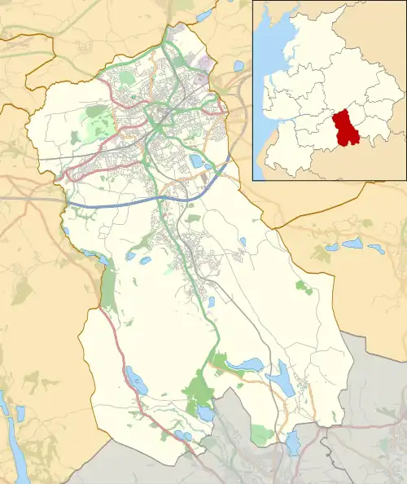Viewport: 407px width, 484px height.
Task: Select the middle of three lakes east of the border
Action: pyautogui.click(x=352, y=244)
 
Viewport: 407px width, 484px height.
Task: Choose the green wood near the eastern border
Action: pyautogui.click(x=304, y=287)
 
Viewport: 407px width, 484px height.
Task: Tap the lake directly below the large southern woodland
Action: pyautogui.click(x=204, y=413)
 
